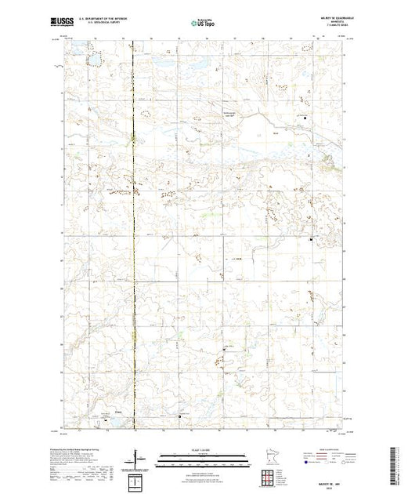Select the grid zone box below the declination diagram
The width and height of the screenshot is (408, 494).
point(137,479)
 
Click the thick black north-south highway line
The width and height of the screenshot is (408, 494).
point(132,235)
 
